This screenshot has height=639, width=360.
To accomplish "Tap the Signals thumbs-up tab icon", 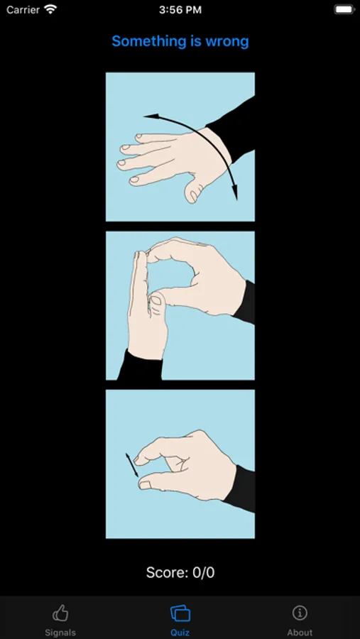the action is point(60,613).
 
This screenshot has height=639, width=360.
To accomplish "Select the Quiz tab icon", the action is point(180,613).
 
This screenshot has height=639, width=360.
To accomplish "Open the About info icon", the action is point(300,613).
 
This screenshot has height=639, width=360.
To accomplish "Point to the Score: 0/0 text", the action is point(180,572).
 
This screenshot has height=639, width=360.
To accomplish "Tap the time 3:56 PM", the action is point(180,10).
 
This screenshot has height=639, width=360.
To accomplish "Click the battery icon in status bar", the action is point(344,10).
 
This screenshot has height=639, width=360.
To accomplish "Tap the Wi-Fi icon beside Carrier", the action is point(50,9).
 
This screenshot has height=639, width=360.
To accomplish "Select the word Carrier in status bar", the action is point(23,10).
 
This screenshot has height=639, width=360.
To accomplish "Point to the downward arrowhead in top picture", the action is point(235,192).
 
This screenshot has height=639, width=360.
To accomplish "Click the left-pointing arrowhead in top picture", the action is point(150,117).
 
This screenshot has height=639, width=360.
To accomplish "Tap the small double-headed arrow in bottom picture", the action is point(131,465).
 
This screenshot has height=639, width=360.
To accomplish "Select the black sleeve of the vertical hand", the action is point(141,365).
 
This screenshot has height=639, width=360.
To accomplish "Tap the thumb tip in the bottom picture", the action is point(145,484).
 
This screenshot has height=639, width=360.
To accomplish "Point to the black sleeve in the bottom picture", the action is point(241,487).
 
